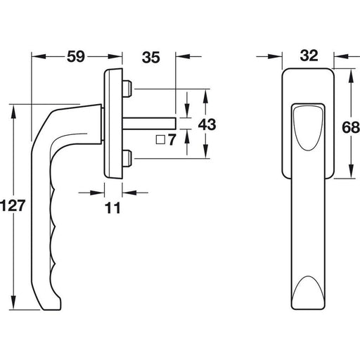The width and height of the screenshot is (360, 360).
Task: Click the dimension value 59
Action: [76, 56]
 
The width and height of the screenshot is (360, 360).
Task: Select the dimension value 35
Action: [151, 58]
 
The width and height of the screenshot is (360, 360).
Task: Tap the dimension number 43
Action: [207, 124]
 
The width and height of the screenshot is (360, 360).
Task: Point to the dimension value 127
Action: [13, 205]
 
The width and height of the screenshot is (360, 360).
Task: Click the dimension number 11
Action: [112, 208]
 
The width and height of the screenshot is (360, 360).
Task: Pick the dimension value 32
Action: [309, 56]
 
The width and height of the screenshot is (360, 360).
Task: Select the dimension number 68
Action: [351, 128]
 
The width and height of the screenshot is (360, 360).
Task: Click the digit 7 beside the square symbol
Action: [172, 140]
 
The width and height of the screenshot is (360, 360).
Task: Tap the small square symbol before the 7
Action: [160, 140]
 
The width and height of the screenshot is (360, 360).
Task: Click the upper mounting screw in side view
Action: [127, 89]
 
